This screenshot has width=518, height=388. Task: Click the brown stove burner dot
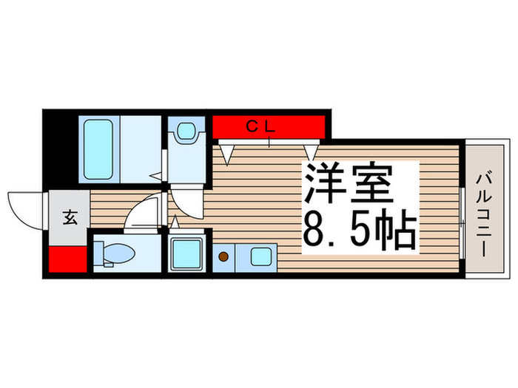(x=223, y=257)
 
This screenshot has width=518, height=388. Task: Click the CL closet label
(x=260, y=126)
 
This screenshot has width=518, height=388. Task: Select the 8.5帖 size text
(x=357, y=229)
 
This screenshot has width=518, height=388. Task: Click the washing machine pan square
(x=188, y=254)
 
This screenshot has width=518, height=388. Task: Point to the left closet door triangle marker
(x=228, y=154)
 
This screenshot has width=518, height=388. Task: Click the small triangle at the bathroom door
(x=155, y=177)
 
